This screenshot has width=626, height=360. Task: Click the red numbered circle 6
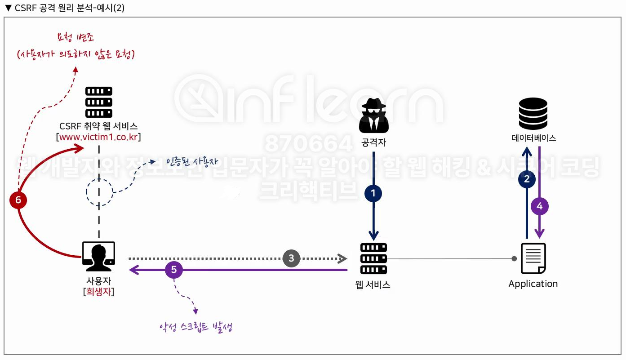18,200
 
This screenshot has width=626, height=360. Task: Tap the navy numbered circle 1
373,194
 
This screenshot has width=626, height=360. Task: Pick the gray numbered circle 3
291,258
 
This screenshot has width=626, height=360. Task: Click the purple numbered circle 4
540,206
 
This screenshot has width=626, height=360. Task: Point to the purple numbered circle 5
174,270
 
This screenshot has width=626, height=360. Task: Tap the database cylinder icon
533,113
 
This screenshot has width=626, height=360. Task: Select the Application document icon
533,258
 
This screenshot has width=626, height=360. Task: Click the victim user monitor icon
98,257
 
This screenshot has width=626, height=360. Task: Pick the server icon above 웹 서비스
373,258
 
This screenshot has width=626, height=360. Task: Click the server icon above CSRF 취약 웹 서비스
99,102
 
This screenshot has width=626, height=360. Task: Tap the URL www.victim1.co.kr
98,137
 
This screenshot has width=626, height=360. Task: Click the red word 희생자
99,292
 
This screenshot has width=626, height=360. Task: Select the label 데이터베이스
533,138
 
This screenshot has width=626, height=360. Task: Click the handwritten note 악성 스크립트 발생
195,327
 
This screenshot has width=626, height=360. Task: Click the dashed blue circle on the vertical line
99,192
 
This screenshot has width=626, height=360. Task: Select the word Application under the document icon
533,284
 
